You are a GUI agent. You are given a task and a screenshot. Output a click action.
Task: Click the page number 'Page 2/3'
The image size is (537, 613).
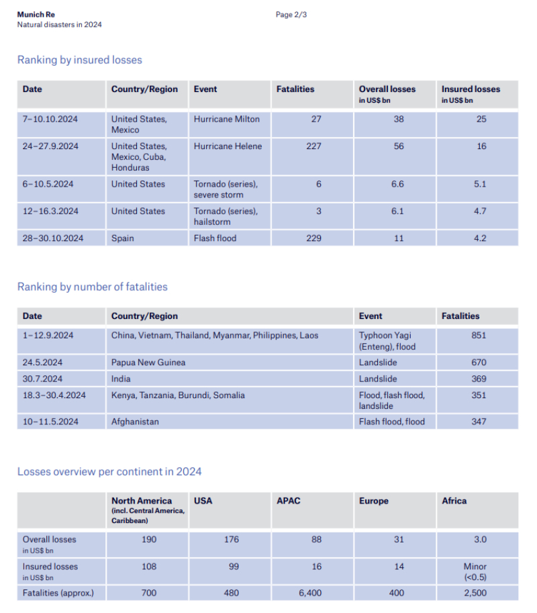click(291, 15)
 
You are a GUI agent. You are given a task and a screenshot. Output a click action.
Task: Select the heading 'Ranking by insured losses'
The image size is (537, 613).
click(79, 60)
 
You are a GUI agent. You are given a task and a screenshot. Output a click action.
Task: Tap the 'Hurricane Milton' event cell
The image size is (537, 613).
click(226, 119)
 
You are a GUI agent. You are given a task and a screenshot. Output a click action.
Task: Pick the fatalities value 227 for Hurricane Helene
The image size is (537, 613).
click(313, 146)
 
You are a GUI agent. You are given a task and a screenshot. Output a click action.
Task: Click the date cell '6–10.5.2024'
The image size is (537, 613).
click(50, 184)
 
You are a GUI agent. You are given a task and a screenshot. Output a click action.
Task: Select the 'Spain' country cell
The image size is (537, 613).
click(123, 238)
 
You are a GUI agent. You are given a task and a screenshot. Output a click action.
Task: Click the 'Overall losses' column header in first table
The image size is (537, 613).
click(387, 89)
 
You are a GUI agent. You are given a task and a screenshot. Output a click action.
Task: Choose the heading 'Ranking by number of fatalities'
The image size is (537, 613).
click(92, 287)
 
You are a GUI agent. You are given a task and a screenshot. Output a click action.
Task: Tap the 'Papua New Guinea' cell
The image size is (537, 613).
click(148, 362)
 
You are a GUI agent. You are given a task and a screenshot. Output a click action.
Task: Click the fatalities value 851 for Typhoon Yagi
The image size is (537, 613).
click(479, 335)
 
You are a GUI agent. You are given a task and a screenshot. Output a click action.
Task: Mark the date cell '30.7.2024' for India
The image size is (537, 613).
click(42, 379)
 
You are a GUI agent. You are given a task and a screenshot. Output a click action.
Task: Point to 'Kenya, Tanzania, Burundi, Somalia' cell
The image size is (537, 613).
click(178, 395)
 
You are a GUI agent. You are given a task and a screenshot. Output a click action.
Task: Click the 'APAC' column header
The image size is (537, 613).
click(289, 501)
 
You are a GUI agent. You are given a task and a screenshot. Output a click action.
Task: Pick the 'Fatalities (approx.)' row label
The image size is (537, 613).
click(58, 593)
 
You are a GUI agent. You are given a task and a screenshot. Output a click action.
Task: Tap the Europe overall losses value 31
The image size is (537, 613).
click(399, 539)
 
